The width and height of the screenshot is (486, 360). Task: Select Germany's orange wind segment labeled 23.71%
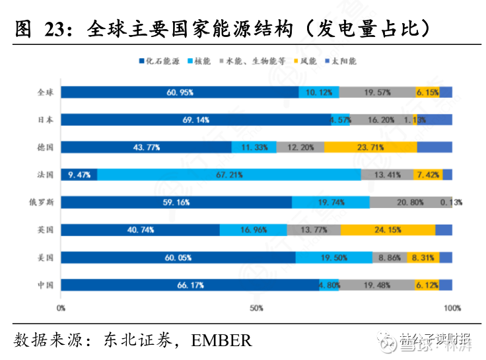[370, 147]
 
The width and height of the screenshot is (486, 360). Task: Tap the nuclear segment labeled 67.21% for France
[229, 174]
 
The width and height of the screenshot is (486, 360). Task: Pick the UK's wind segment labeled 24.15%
[388, 230]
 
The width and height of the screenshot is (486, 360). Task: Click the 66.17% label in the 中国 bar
[190, 285]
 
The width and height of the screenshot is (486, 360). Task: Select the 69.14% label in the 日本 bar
[196, 120]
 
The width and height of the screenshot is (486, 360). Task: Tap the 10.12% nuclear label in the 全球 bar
[319, 92]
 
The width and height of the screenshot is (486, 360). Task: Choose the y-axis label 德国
[46, 147]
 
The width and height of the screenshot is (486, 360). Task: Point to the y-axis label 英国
[46, 230]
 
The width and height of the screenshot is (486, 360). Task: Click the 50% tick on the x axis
[257, 308]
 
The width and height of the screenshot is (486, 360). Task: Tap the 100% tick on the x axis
[452, 308]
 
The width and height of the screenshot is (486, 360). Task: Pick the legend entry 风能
[308, 61]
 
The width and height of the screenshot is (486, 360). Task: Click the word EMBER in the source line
[222, 341]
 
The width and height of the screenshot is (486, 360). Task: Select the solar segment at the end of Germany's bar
[434, 147]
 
